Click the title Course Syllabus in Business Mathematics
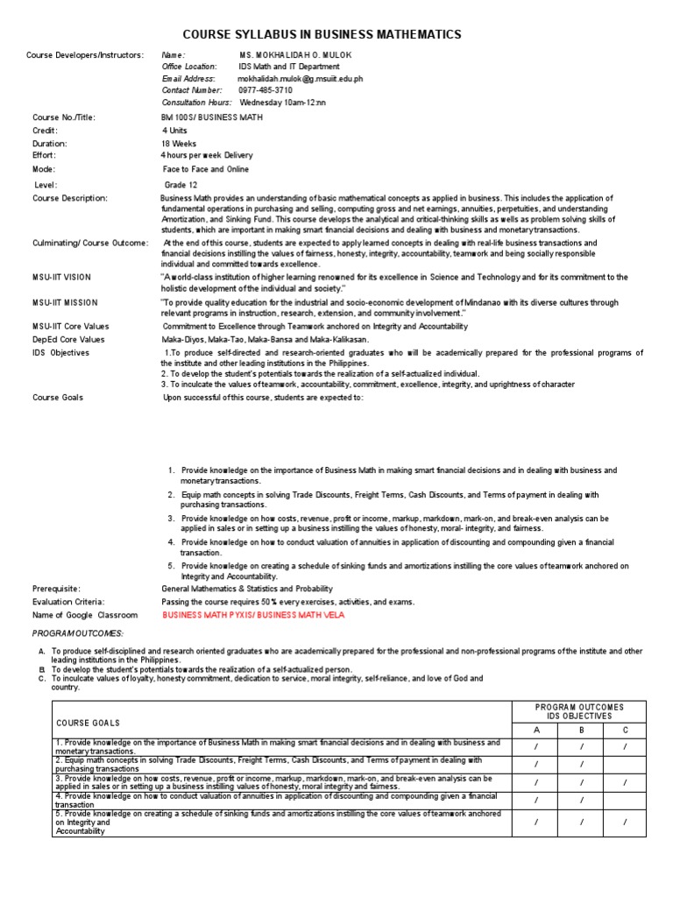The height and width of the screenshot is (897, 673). pyautogui.click(x=321, y=34)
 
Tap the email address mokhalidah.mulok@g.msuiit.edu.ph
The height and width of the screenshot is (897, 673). pyautogui.click(x=300, y=78)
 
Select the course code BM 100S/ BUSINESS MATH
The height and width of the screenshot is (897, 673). pyautogui.click(x=210, y=117)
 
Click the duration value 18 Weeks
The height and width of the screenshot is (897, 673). pyautogui.click(x=179, y=144)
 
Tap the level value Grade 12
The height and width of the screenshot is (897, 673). pyautogui.click(x=181, y=185)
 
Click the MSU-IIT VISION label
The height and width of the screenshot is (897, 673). pyautogui.click(x=61, y=278)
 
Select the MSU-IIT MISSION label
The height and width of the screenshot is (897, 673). pyautogui.click(x=63, y=302)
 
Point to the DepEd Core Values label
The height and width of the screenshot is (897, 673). pyautogui.click(x=68, y=339)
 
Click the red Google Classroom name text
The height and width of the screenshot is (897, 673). pyautogui.click(x=253, y=615)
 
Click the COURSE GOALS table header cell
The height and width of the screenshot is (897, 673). pyautogui.click(x=89, y=723)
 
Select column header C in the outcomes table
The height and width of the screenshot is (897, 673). pyautogui.click(x=624, y=729)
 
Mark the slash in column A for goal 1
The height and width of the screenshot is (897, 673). pyautogui.click(x=537, y=746)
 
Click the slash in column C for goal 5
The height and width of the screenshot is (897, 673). pyautogui.click(x=624, y=823)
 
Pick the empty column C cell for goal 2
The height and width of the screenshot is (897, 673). pyautogui.click(x=624, y=764)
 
